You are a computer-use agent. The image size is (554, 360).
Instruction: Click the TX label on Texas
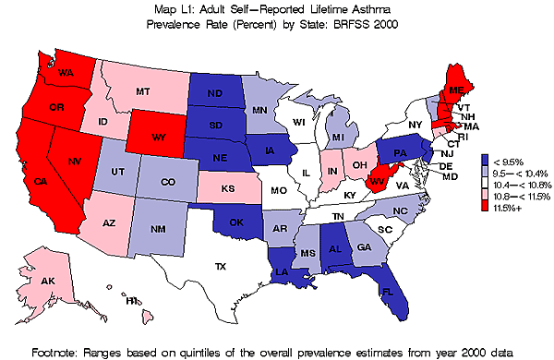click(x=220, y=267)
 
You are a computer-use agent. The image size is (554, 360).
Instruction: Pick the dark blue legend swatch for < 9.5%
click(x=487, y=158)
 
